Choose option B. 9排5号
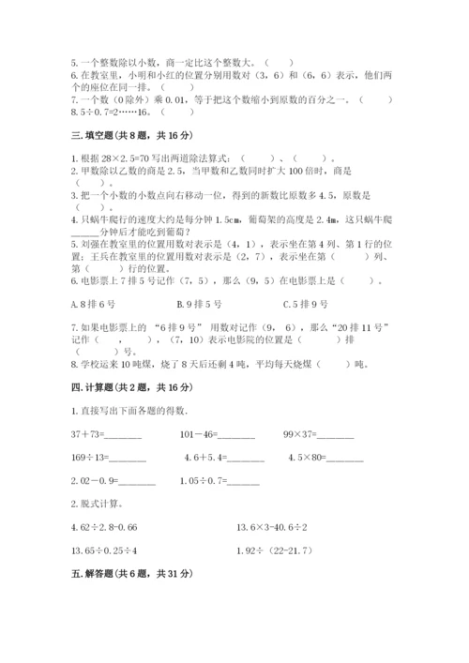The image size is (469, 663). (x=199, y=303)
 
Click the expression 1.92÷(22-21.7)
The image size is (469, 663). (x=281, y=550)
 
